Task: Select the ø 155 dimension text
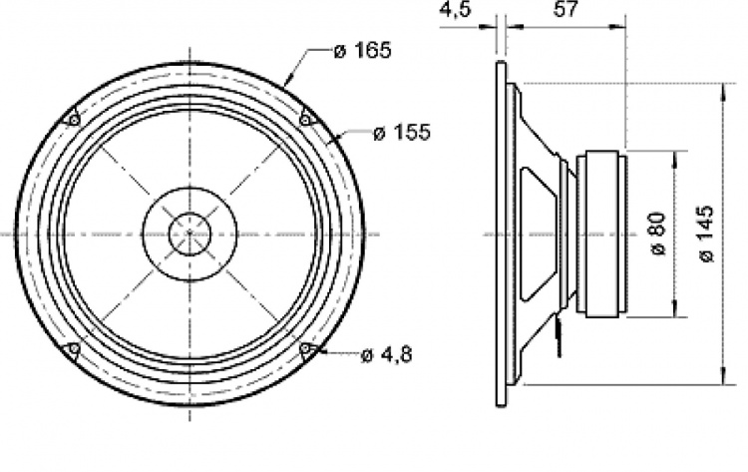401,134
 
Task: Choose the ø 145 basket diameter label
706,235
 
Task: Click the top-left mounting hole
71,120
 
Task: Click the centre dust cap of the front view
188,235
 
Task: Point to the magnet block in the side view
605,235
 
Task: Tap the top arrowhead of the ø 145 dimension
722,90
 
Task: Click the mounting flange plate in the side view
501,235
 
